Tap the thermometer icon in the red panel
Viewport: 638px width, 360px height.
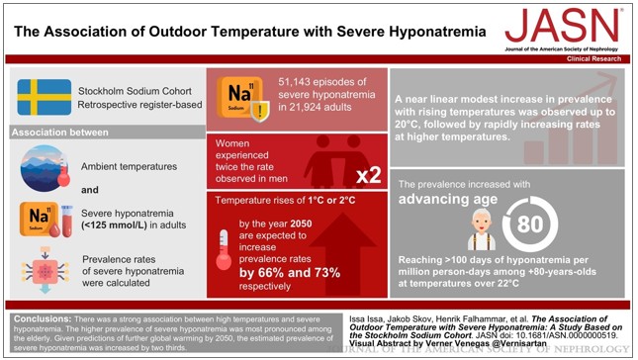(x=225, y=248)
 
